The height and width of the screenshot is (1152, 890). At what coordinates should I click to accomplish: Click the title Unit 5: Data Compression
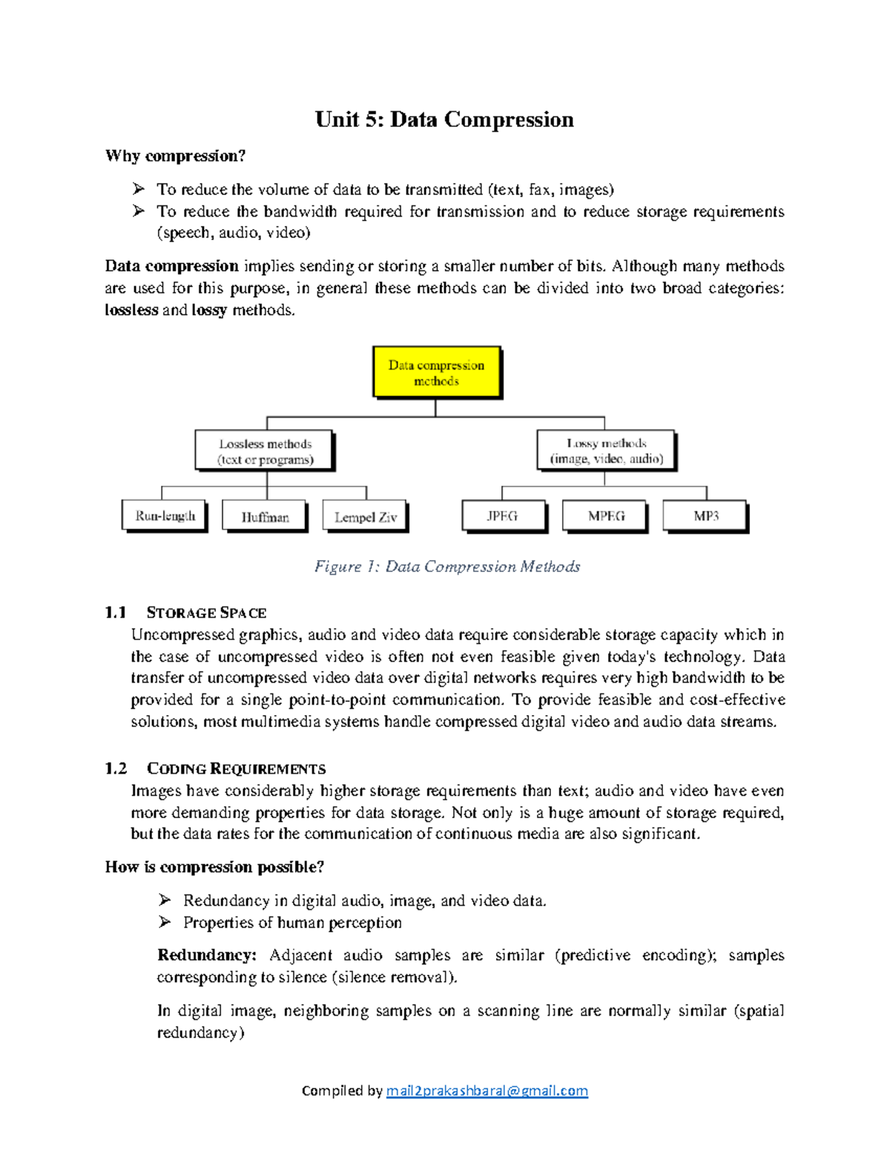point(444,119)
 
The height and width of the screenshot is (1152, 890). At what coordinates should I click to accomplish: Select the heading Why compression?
point(175,156)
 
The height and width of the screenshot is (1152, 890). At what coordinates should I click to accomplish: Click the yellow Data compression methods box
point(436,372)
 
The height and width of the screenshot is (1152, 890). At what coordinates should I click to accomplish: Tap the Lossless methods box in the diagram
point(265,451)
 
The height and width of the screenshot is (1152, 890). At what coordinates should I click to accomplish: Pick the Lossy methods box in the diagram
point(606,450)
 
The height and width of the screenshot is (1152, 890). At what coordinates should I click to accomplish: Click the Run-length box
point(165,516)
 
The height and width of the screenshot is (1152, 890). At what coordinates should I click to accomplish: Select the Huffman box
point(265,516)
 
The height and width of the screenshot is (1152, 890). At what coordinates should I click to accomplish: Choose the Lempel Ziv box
point(365,516)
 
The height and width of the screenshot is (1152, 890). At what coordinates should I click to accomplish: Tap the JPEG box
point(503,516)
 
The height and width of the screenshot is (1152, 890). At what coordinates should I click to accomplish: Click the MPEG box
point(605,516)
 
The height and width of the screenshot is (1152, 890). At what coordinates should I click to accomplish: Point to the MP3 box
point(705,516)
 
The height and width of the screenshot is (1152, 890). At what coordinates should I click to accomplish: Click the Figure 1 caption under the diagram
point(446,567)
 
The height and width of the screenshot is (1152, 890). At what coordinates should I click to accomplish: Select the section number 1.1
point(116,613)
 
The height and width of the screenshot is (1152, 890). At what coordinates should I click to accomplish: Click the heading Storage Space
point(206,613)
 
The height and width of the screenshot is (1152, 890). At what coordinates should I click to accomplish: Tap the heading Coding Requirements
point(236,768)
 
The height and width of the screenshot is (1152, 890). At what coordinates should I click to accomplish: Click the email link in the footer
point(487,1090)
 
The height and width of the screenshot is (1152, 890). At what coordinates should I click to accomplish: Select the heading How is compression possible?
point(214,867)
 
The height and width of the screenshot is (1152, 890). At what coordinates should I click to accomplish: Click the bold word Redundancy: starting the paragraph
point(207,955)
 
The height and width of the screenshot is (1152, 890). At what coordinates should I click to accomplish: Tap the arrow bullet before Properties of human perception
point(165,922)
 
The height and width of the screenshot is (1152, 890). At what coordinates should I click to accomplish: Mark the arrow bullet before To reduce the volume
point(138,189)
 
